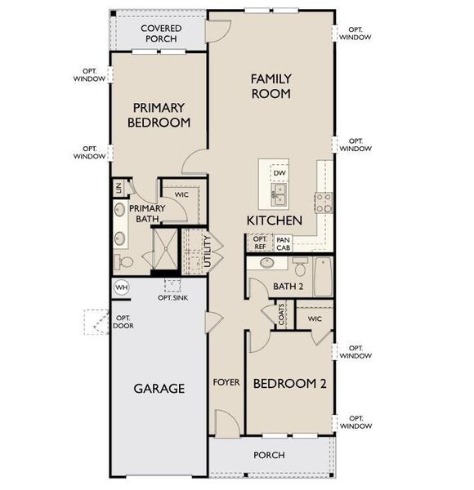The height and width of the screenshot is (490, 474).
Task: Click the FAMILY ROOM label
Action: click(x=271, y=86)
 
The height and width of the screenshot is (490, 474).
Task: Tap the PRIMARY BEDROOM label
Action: click(x=160, y=115)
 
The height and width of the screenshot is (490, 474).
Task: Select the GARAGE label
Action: click(x=159, y=388)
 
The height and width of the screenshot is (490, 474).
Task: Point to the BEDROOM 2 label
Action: click(x=289, y=384)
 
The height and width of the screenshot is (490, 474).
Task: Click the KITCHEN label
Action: click(x=275, y=220)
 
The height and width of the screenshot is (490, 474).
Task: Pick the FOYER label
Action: click(x=226, y=382)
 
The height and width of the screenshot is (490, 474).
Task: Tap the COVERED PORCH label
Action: click(x=161, y=33)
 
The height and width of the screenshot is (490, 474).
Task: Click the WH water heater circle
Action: click(x=122, y=287)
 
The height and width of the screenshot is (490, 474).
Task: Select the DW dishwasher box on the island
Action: click(x=279, y=173)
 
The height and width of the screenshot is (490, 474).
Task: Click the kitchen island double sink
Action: click(x=279, y=194)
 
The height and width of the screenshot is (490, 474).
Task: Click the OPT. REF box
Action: click(x=259, y=243)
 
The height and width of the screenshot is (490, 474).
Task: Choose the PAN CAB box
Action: click(x=283, y=243)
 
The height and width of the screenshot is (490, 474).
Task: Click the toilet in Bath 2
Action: click(x=300, y=267)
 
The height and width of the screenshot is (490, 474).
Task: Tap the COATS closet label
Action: click(x=281, y=316)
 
